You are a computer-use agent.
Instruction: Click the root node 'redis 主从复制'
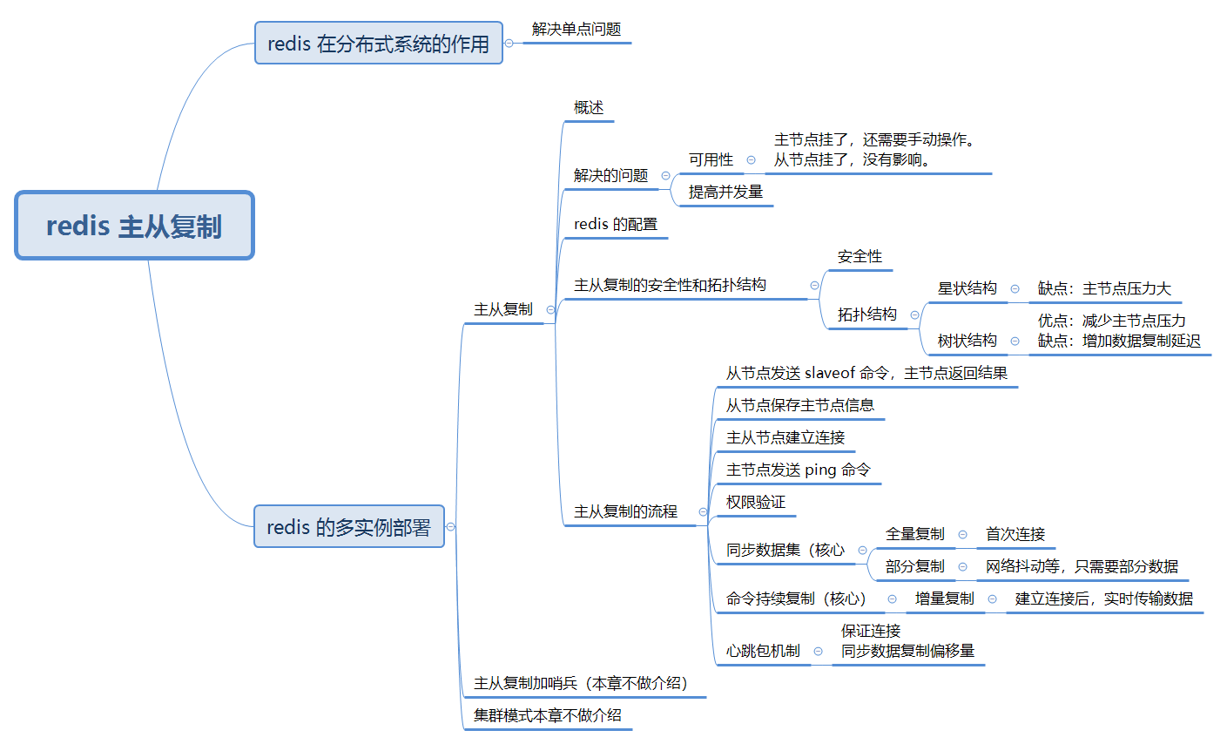point(134,226)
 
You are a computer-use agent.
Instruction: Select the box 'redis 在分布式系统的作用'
point(378,44)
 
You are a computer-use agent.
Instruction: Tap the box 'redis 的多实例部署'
point(348,527)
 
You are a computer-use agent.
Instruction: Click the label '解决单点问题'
point(576,30)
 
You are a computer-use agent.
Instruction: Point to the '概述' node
point(589,108)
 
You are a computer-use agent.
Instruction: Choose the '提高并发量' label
point(725,192)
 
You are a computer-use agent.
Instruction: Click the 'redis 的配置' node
point(615,225)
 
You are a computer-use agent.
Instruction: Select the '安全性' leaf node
point(860,257)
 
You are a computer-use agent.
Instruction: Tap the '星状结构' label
point(967,288)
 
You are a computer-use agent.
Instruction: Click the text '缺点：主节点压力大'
point(1104,288)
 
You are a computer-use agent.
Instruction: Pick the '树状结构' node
point(967,341)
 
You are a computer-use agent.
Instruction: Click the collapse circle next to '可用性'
point(751,160)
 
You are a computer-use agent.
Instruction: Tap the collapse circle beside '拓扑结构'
point(914,315)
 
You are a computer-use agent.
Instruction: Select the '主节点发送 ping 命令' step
point(798,470)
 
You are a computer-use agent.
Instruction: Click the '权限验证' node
point(755,503)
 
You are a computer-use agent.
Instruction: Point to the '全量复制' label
point(914,534)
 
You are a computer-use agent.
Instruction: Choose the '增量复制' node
point(944,599)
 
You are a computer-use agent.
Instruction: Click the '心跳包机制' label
point(763,651)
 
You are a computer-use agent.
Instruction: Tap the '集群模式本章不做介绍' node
point(547,715)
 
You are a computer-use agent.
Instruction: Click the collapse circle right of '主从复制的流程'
point(703,512)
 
